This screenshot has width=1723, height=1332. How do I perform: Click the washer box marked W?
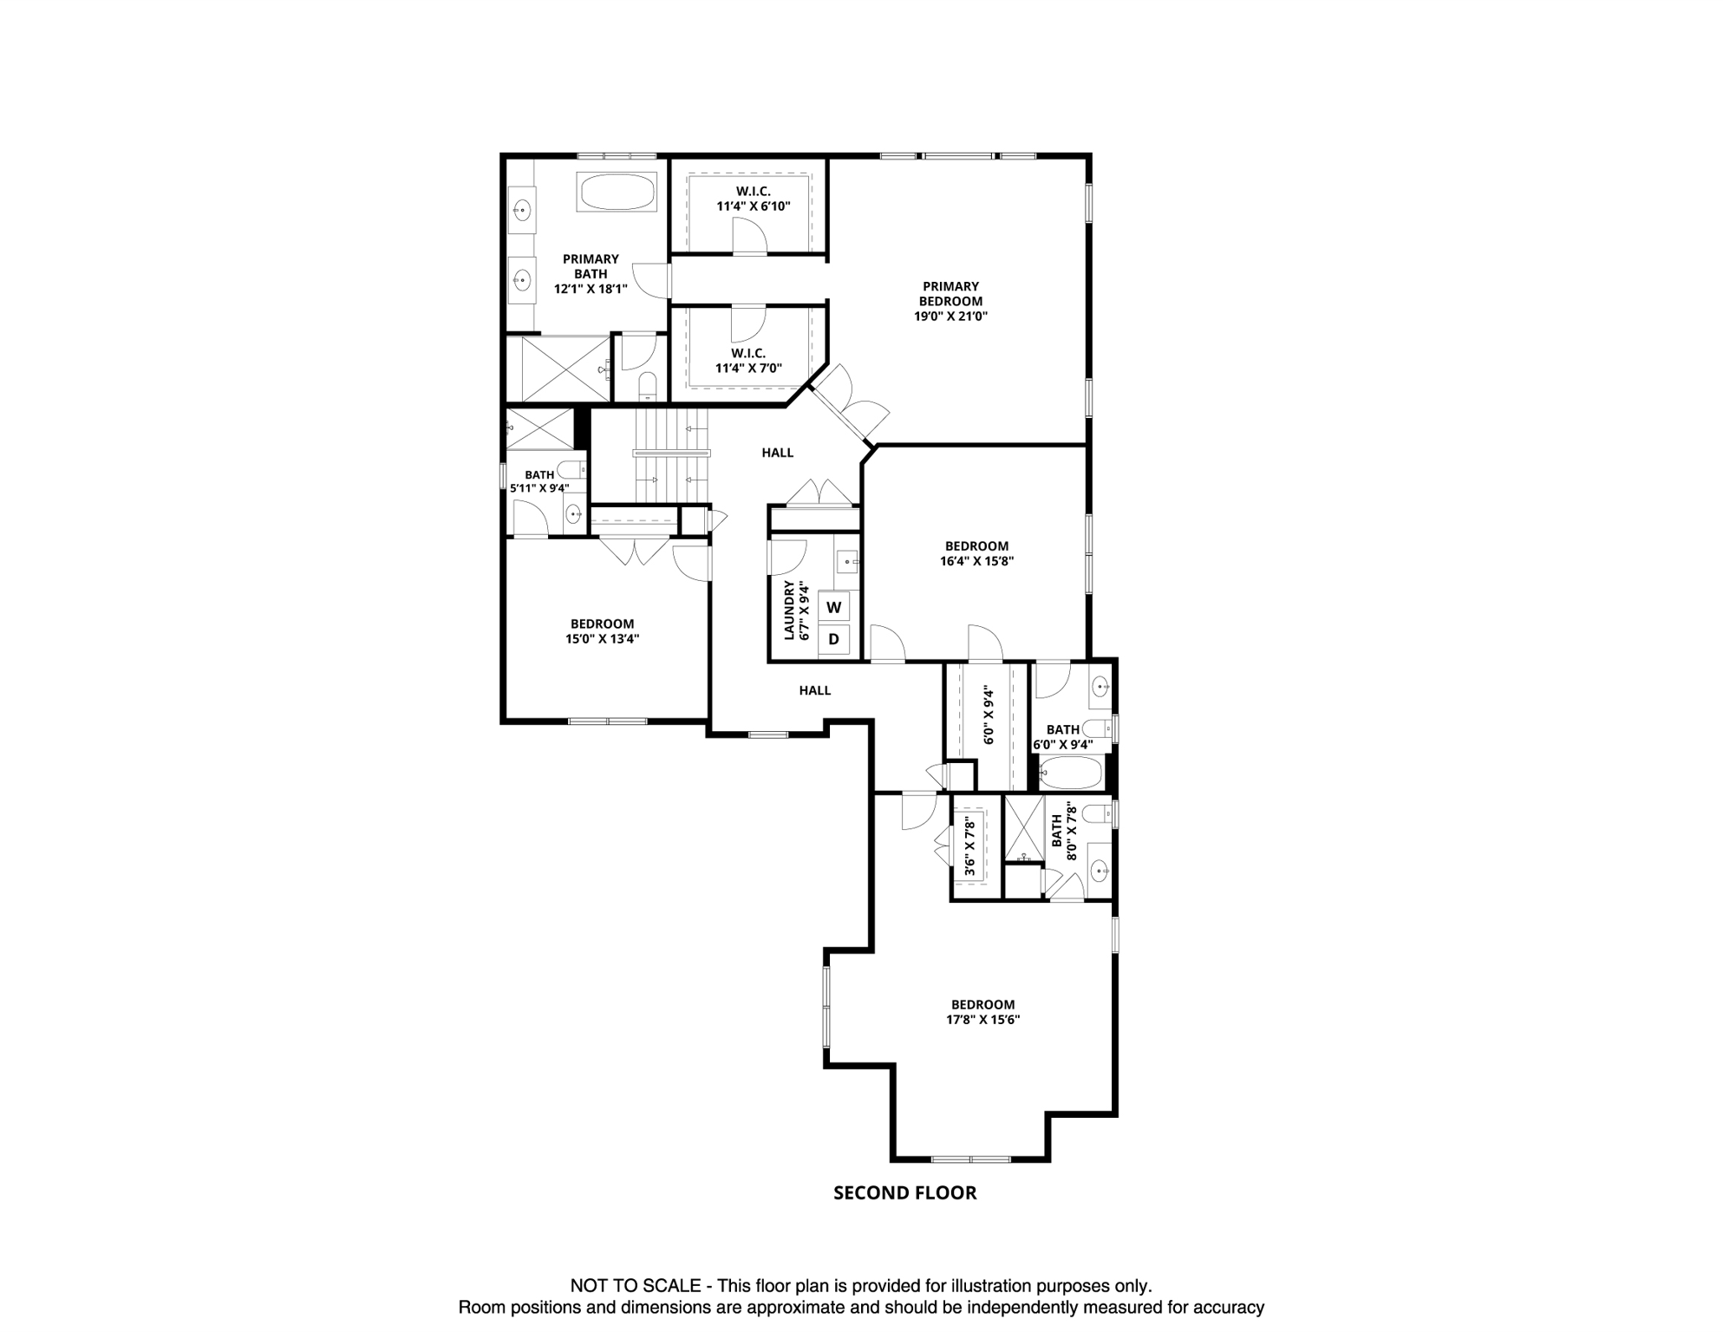833,608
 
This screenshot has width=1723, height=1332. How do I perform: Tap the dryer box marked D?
833,640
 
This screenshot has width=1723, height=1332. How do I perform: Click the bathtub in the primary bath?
617,193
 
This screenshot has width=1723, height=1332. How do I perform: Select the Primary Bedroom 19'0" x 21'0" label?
950,301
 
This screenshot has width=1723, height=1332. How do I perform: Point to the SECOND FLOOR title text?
904,1193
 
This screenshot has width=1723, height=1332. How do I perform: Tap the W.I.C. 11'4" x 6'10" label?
753,199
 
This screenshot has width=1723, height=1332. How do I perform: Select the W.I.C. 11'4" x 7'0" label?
747,361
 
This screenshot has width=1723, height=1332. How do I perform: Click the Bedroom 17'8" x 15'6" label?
982,1012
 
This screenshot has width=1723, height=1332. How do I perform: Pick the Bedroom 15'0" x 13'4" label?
602,631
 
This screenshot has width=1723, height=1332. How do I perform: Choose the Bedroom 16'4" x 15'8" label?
976,553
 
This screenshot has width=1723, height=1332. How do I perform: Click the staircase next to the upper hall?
672,456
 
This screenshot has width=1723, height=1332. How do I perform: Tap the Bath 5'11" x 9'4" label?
539,481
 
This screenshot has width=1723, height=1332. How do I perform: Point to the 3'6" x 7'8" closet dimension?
970,846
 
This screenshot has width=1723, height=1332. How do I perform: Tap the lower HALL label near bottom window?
814,690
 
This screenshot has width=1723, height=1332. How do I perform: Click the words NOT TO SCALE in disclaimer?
635,1286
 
